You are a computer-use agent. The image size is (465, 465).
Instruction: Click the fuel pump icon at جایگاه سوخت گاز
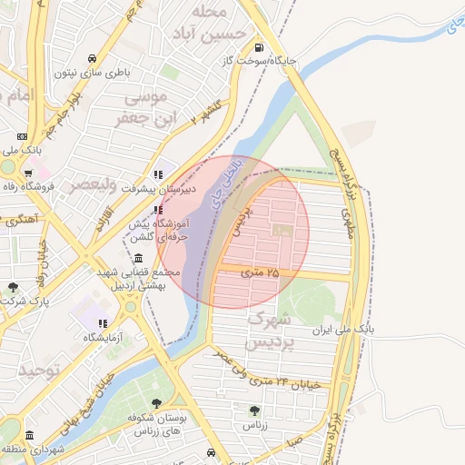pos(261,48)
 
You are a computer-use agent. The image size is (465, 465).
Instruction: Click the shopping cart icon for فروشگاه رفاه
pos(29,173)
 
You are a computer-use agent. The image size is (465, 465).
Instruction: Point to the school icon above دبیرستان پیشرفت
pos(158,173)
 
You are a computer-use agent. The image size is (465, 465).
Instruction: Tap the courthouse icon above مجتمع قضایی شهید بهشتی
pos(137,258)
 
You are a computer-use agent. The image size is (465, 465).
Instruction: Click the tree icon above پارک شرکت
pos(13,287)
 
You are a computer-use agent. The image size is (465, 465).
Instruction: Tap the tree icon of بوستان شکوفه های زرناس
pos(157,402)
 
